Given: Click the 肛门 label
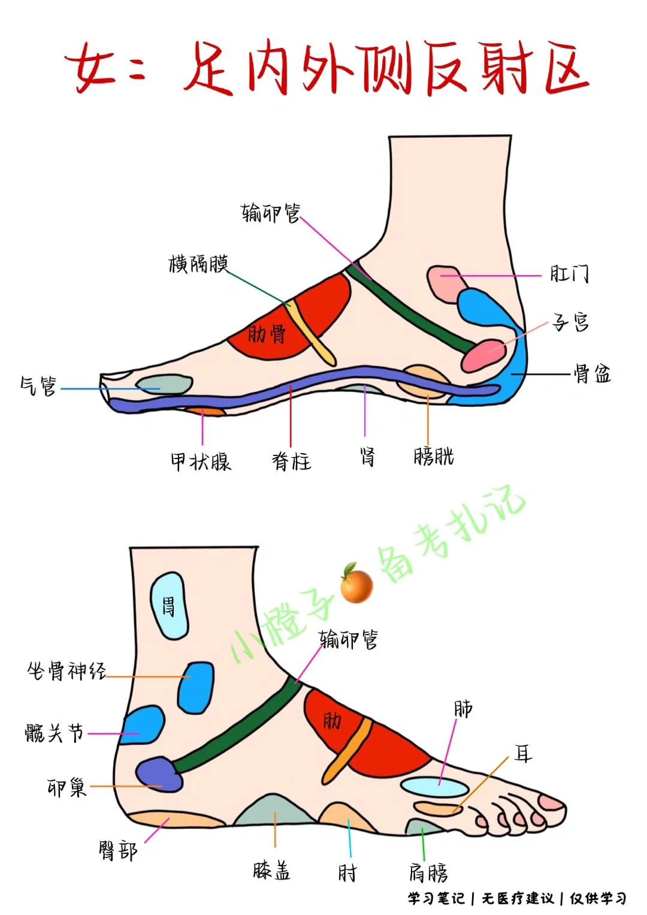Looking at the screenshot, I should click(x=569, y=274).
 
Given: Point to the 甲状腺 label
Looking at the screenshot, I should click(x=201, y=461).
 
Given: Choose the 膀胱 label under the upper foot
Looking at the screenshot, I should click(x=434, y=457).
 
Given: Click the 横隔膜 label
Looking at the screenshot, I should click(x=198, y=264).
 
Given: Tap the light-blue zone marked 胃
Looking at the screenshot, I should click(x=169, y=605).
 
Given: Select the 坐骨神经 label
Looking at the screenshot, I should click(x=66, y=671).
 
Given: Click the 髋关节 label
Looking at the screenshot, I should click(x=55, y=733).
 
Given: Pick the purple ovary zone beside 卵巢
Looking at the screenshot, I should click(x=159, y=774).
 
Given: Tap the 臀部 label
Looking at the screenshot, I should click(x=118, y=850).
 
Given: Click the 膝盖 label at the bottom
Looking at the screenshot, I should click(x=272, y=870).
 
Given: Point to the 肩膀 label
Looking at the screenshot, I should click(x=428, y=872).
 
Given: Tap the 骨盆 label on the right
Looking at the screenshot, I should click(x=592, y=374).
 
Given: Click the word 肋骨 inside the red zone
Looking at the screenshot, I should click(x=267, y=334).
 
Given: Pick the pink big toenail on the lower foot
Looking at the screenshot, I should click(x=551, y=802).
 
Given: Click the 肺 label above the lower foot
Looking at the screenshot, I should click(x=463, y=709).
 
